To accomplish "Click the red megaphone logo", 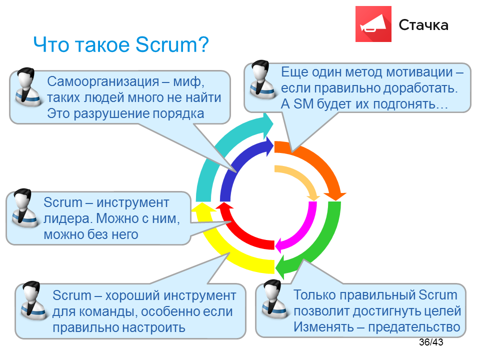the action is pos(373,24).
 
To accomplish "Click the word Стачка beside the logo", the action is pos(423,25).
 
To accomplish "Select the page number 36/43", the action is pos(431,342).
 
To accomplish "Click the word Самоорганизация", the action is pos(103,82).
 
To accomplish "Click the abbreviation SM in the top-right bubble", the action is pos(303,104).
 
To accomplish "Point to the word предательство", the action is pos(414,327).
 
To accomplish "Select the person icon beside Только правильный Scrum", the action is pos(274,299).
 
